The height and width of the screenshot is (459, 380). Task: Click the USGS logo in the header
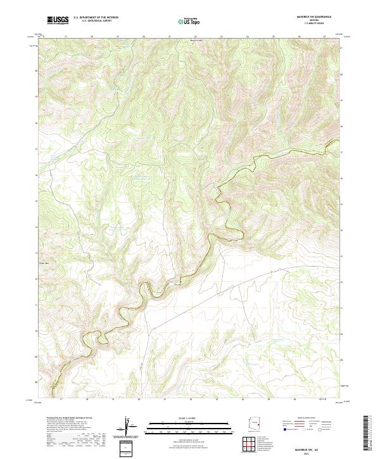tap(58, 21)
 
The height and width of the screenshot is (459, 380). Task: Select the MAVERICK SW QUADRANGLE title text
tap(309, 16)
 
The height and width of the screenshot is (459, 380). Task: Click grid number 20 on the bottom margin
tap(139, 400)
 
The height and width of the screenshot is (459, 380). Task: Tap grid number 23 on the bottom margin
tap(217, 400)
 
